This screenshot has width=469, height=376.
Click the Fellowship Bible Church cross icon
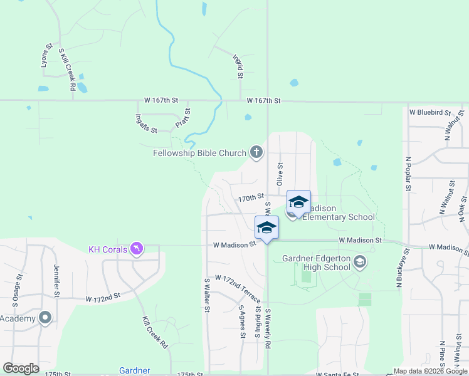(256, 152)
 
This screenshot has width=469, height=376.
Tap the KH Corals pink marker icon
(136, 249)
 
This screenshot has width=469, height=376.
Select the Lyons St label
(46, 55)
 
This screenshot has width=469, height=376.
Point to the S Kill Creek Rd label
(67, 70)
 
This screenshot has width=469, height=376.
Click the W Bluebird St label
(430, 112)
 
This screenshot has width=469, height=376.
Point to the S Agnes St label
(242, 322)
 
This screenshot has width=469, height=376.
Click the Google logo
(21, 368)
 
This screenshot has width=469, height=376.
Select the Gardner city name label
(135, 370)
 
